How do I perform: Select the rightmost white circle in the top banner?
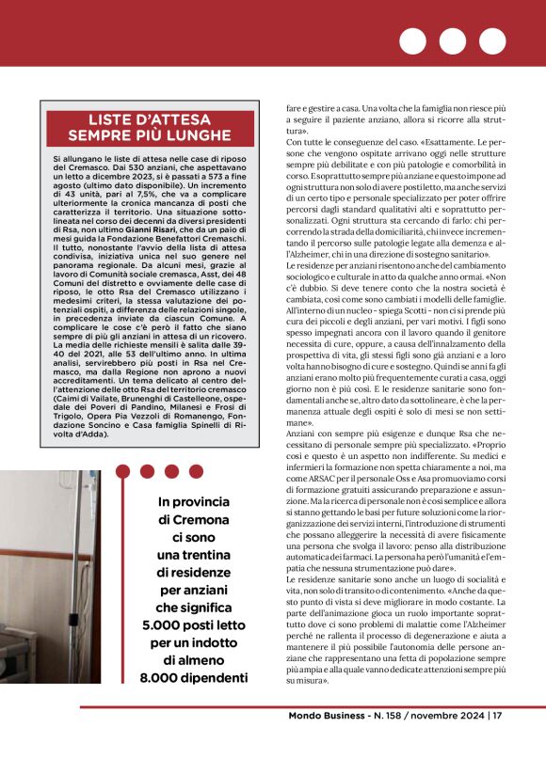pos(492,42)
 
